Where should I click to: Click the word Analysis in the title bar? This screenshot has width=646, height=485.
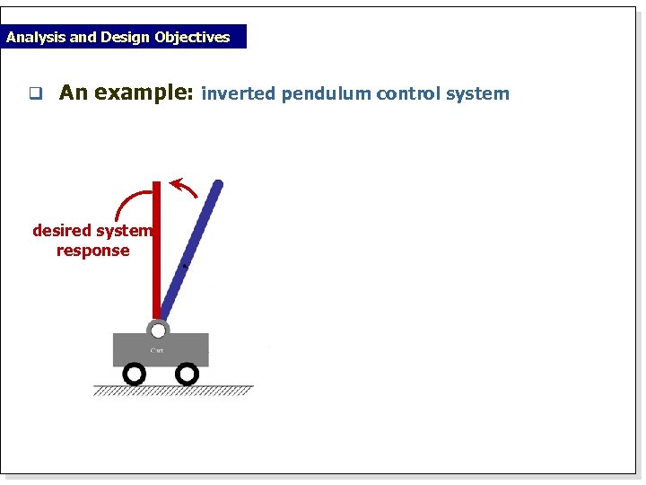click(x=35, y=38)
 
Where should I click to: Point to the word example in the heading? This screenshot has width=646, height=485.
click(x=144, y=93)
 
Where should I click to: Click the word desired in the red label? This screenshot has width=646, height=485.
click(x=61, y=231)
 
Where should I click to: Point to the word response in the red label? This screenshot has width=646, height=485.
click(x=92, y=251)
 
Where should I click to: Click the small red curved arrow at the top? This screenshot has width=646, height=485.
click(x=185, y=188)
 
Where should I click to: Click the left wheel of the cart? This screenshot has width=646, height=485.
click(x=134, y=373)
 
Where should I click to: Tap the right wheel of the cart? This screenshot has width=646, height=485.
click(x=187, y=373)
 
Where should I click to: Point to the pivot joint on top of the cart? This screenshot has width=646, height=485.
click(x=158, y=330)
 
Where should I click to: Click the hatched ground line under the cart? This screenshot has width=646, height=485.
click(x=173, y=390)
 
